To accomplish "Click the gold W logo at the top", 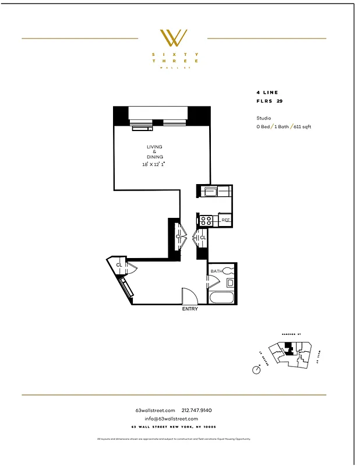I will (x=173, y=38).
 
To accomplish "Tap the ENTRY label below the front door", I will (x=190, y=309).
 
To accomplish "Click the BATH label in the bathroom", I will (x=216, y=271).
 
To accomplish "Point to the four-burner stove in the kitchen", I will (x=206, y=220).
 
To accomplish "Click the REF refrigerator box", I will (x=225, y=220).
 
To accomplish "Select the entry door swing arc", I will (x=189, y=295).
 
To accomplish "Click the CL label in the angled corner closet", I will (x=119, y=265).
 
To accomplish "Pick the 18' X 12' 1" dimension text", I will (x=154, y=165).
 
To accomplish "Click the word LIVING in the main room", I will (x=154, y=146).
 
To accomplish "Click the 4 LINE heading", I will (x=267, y=93).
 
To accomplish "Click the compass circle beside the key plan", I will (x=257, y=370).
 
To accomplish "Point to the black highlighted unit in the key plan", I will (x=289, y=349).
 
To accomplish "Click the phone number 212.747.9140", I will (x=201, y=410).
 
